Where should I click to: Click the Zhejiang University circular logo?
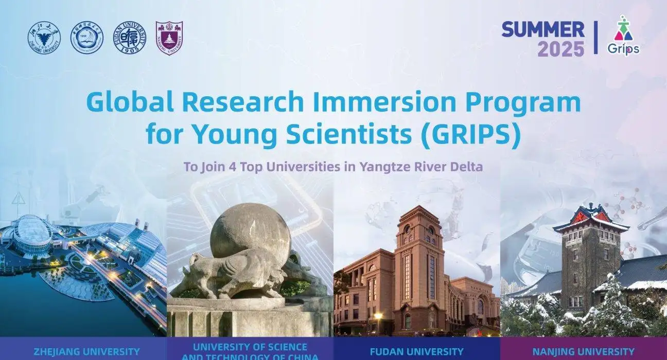44,38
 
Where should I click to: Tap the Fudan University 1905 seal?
129,38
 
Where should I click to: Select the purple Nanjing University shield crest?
169,38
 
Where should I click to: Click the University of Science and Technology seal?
86,38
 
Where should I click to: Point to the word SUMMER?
543,29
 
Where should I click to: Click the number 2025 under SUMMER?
561,49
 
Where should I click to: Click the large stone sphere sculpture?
250,230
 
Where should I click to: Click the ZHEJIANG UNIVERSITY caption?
86,352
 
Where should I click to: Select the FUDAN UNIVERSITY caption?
416,352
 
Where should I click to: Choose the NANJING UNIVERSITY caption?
583,352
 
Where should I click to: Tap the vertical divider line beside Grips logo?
596,38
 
